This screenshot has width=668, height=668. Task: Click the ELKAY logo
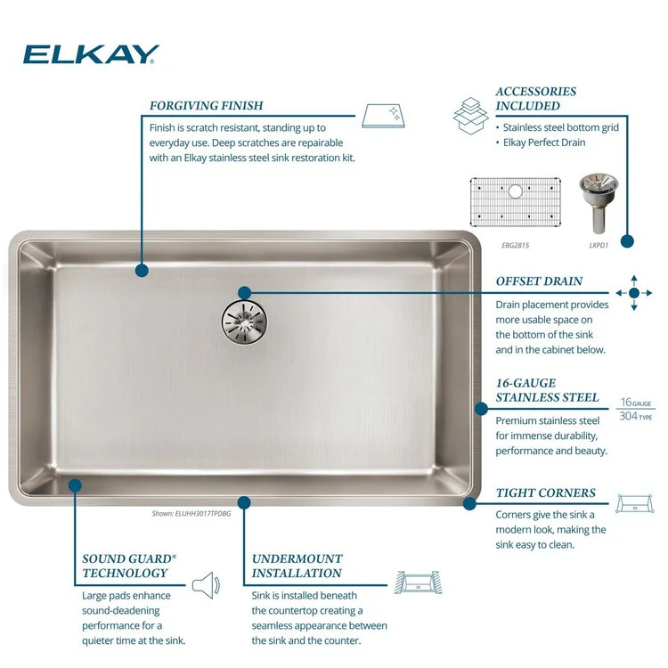[91, 54]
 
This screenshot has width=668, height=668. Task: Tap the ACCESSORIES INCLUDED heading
[536, 98]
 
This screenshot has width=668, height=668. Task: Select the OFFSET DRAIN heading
[539, 281]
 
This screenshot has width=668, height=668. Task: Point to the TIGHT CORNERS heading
[546, 493]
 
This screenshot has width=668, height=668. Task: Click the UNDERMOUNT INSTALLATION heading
[297, 566]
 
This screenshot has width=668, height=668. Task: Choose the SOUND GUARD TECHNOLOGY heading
[128, 566]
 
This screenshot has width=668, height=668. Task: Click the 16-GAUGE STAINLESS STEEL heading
[547, 390]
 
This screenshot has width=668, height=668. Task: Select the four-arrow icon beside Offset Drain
[634, 292]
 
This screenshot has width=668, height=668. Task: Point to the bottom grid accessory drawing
[516, 201]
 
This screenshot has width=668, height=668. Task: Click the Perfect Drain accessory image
[594, 197]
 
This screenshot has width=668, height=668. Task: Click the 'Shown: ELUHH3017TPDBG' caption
[186, 514]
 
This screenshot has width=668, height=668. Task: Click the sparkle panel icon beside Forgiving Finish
[384, 116]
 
